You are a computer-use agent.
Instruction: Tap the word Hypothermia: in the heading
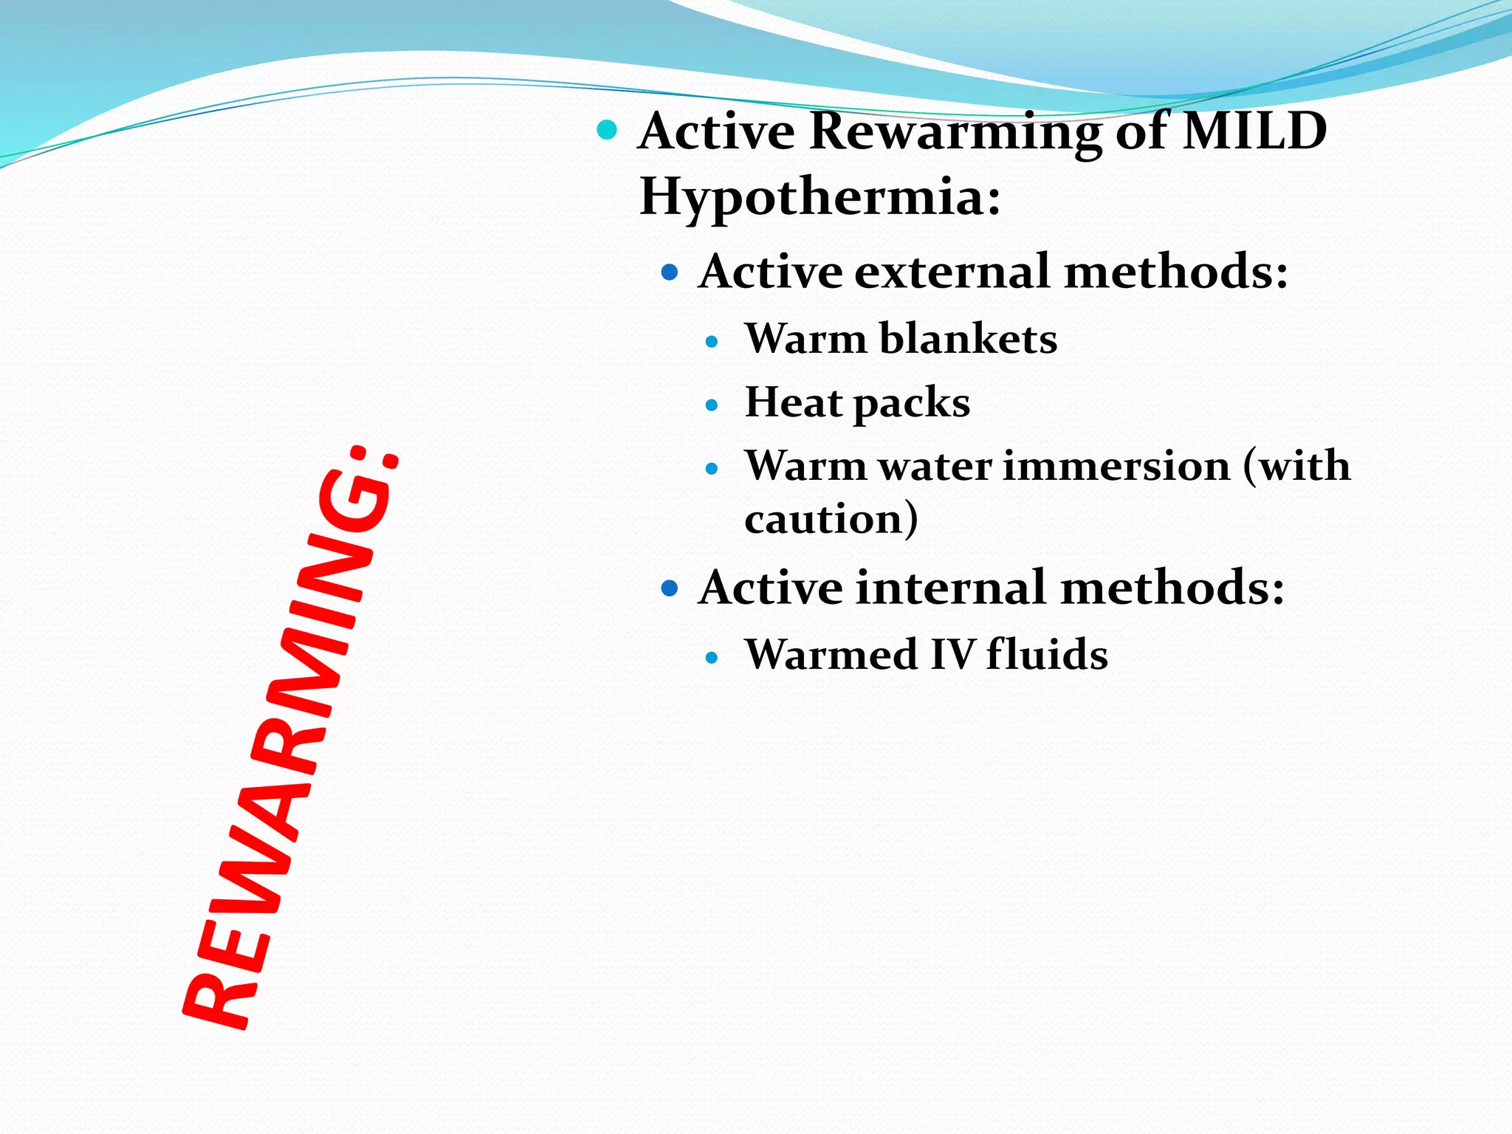tap(819, 197)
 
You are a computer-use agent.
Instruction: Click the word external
tap(952, 272)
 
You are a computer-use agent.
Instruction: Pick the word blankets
tap(968, 340)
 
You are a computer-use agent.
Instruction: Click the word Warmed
tap(830, 655)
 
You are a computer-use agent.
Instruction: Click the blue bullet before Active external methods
tap(670, 273)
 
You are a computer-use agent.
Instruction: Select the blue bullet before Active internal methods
tap(670, 589)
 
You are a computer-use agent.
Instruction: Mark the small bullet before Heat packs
tap(712, 405)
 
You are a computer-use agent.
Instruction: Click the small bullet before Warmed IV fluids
tap(712, 658)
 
